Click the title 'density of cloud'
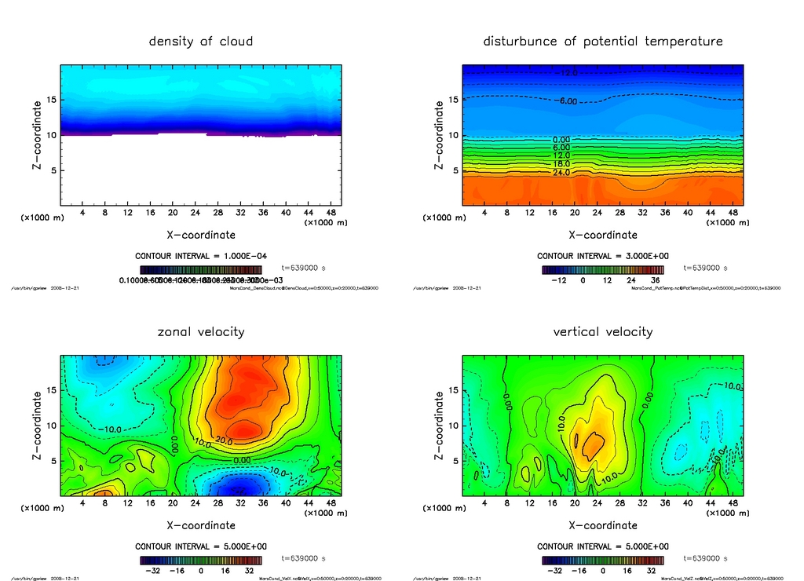coord(201,42)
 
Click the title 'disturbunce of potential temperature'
coord(603,42)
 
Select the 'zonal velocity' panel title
coord(201,332)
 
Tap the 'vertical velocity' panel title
coord(603,332)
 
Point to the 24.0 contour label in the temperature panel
coord(562,173)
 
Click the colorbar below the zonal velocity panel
coord(201,561)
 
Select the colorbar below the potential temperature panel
coord(603,269)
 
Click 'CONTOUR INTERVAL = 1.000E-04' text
coord(201,257)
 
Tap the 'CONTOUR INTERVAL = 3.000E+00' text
coord(603,257)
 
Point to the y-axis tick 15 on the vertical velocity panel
coord(453,390)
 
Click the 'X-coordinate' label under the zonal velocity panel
coord(201,525)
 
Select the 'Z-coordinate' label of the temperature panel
coord(439,134)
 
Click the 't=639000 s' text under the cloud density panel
coord(303,269)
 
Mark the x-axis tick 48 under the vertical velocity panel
coord(733,503)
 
